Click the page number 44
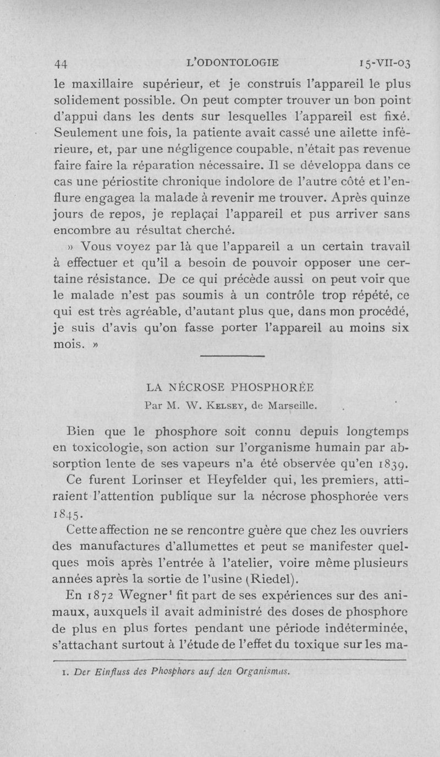coord(61,63)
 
